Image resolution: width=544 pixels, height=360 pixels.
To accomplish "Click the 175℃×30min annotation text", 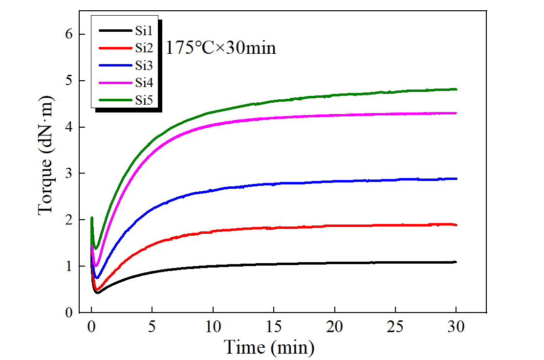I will point(221,48).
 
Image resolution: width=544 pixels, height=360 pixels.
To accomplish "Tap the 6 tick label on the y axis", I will point(69,34).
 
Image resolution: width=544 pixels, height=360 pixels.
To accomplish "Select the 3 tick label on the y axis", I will point(69,174).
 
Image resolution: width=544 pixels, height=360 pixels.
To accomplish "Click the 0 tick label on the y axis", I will point(69,313).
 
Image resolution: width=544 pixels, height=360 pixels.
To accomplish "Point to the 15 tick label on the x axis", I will point(274,326).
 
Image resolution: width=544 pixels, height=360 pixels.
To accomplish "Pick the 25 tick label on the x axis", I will point(395,326).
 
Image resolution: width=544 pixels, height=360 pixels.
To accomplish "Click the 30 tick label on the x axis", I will point(456,326).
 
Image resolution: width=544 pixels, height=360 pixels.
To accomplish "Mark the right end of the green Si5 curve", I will point(456,89).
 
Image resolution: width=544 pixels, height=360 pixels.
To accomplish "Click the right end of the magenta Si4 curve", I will point(456,113).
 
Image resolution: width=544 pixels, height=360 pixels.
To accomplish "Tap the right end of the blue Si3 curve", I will point(456,179).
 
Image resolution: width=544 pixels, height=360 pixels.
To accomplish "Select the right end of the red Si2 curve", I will point(456,225).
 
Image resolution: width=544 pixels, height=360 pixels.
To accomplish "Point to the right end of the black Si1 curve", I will point(456,262).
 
